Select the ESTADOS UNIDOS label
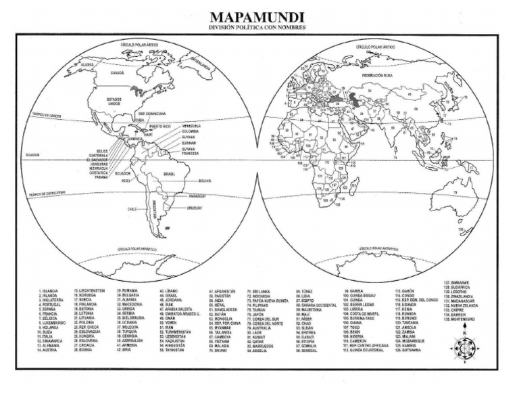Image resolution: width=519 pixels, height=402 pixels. (114, 101)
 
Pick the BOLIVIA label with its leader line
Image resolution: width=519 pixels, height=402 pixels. (205, 181)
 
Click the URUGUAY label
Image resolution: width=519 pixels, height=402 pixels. (195, 208)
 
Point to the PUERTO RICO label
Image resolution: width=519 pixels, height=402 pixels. (160, 126)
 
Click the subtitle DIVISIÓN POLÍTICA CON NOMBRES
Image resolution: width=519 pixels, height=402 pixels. (257, 28)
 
